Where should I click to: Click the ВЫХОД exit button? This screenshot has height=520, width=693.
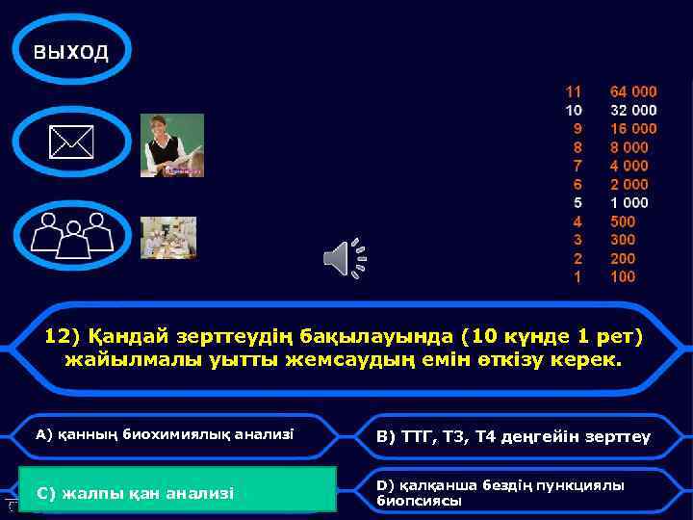(71, 52)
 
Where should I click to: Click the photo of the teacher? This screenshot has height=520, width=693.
(172, 145)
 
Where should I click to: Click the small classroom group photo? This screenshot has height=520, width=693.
(168, 237)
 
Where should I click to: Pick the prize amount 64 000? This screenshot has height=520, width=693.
(633, 91)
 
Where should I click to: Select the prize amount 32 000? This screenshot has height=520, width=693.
(633, 110)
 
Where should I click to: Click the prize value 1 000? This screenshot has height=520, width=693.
(629, 202)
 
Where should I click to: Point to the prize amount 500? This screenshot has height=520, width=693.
(623, 221)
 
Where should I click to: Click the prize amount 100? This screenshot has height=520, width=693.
(623, 276)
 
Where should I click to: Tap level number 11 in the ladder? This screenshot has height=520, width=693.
(573, 91)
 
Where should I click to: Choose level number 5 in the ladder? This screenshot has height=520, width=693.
(577, 202)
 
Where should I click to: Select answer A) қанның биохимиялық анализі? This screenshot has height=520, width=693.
(165, 434)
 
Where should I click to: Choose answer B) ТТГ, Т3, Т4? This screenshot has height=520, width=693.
(513, 436)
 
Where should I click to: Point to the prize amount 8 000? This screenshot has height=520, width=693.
(629, 147)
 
